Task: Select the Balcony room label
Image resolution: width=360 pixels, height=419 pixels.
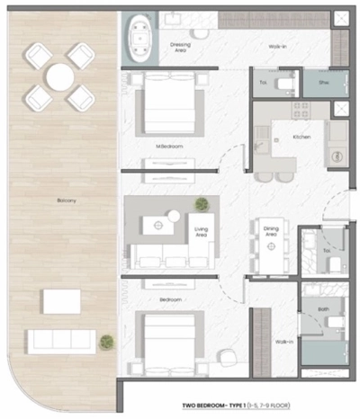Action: pyautogui.click(x=65, y=201)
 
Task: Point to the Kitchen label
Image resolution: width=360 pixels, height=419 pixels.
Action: pyautogui.click(x=301, y=137)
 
